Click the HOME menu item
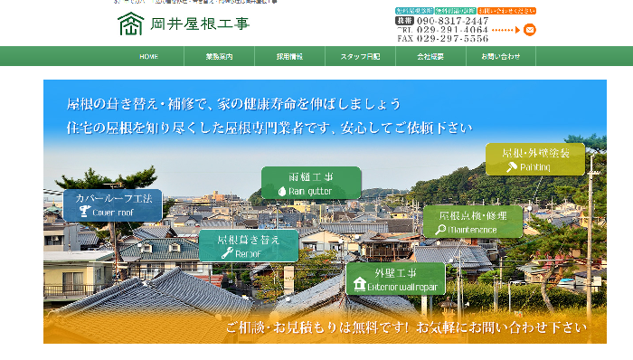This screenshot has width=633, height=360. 148,56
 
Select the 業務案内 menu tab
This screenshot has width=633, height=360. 219,56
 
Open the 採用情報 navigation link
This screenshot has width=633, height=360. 289,56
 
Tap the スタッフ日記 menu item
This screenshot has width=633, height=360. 360,56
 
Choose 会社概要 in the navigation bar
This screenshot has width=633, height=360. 430,56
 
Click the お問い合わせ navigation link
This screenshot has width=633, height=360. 501,56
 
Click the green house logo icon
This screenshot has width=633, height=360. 130,24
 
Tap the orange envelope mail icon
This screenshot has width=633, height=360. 530,29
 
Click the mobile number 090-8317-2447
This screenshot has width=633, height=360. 452,20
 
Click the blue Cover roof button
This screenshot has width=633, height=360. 112,205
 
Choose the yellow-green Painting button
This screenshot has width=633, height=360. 534,159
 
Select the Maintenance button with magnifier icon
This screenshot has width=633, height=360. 472,222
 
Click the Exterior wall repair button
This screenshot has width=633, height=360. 395,278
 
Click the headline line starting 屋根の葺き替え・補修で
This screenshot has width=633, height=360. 233,104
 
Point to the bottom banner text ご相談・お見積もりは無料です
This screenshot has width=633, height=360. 405,327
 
